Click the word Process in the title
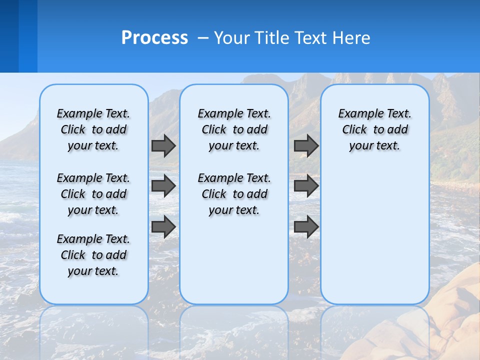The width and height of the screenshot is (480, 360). coord(154,38)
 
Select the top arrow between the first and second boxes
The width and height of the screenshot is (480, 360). coord(163,145)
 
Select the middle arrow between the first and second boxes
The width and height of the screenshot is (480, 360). coord(163,186)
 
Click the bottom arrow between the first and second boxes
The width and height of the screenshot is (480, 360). coord(163,227)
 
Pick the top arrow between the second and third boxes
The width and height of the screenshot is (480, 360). coord(306,145)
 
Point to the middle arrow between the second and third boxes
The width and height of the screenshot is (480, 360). coord(306,186)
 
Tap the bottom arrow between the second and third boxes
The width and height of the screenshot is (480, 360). coord(306,227)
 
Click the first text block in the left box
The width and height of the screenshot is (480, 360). coord(93,129)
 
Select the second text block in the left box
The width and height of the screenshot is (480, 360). coord(93,194)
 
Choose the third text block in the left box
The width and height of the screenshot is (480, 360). coord(93,255)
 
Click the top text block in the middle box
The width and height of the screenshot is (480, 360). coord(234,129)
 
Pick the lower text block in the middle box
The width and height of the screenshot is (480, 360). coord(234,194)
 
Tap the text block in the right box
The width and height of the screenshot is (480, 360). coord(374,129)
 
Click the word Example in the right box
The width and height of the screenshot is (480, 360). coord(357,114)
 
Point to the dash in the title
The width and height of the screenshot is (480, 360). coord(203,38)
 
